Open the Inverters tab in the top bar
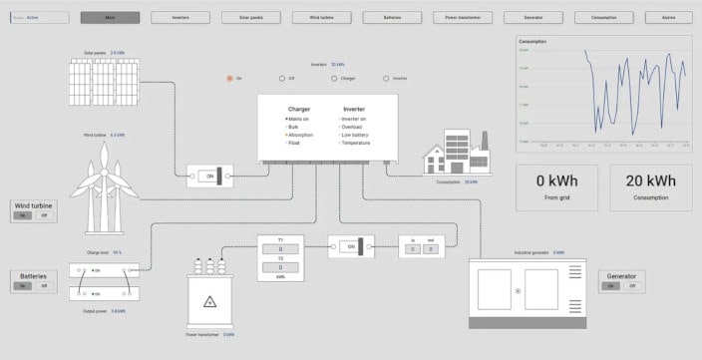click(180, 18)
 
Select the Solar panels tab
click(251, 18)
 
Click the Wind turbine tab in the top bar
click(321, 18)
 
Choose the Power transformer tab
click(462, 18)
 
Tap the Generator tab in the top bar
click(532, 18)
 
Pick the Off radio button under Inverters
click(281, 78)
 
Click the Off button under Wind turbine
click(45, 215)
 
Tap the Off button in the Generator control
click(632, 286)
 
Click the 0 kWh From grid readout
click(556, 186)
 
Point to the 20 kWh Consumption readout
click(651, 186)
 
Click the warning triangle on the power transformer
click(209, 302)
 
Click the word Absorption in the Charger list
click(301, 135)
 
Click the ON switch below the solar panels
click(209, 176)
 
